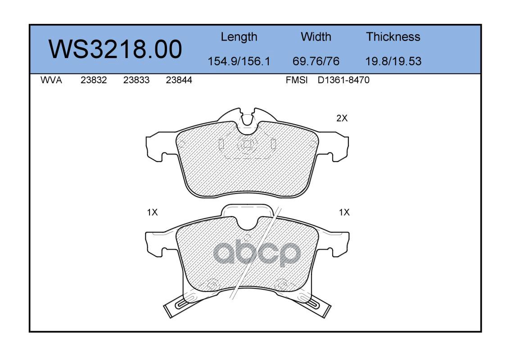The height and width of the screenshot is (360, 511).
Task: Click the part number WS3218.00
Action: [115, 49]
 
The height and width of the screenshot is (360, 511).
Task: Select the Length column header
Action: [239, 37]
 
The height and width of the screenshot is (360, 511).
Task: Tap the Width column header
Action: [316, 36]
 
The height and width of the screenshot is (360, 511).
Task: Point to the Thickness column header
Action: [393, 36]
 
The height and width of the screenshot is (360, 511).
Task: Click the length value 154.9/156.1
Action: [239, 61]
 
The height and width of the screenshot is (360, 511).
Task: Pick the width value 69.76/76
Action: [316, 61]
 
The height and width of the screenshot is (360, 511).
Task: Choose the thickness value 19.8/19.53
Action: [393, 61]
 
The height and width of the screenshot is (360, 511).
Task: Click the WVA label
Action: [51, 80]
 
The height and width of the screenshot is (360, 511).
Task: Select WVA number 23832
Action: [94, 80]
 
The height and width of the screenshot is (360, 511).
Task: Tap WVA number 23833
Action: [136, 80]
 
